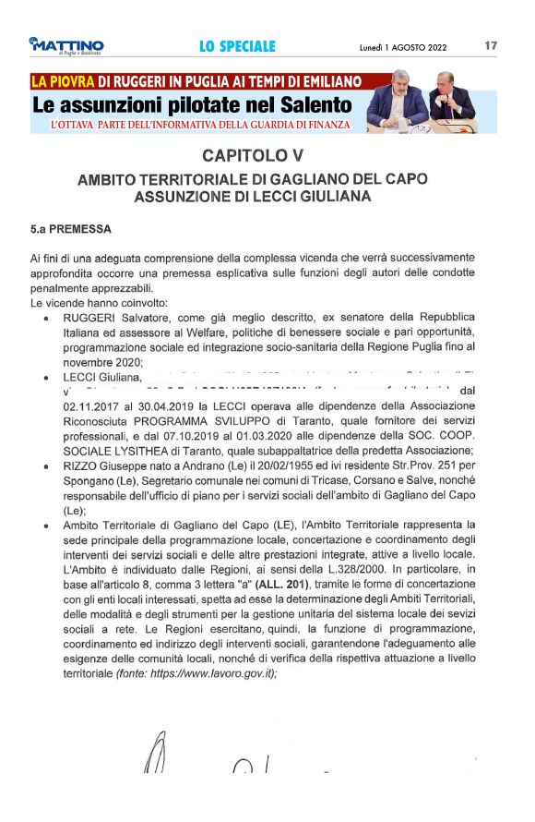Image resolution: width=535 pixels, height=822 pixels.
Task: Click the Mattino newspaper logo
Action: click(65, 45)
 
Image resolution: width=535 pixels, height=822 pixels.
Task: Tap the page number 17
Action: click(490, 45)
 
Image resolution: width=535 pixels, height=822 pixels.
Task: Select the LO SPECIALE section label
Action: click(237, 46)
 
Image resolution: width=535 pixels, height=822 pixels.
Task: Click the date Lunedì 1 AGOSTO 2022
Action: click(403, 46)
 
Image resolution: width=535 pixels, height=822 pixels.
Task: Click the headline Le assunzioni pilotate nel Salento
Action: click(192, 103)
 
